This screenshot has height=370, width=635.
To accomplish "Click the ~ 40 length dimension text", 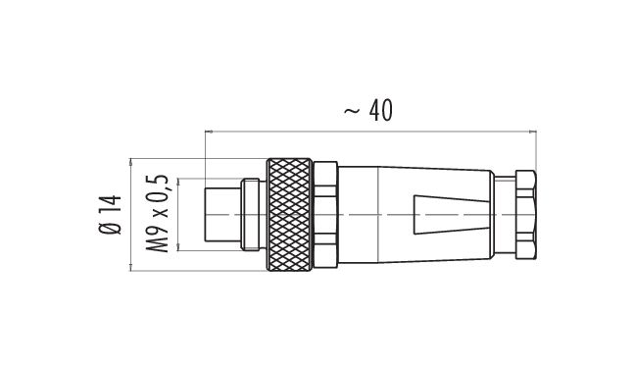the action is click(x=367, y=110).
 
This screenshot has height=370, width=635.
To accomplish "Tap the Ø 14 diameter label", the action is click(x=110, y=215).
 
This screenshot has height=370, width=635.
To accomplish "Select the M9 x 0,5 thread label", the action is click(x=157, y=214).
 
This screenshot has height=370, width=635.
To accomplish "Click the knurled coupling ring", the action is click(x=289, y=214).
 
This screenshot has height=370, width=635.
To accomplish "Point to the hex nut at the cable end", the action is click(x=525, y=214).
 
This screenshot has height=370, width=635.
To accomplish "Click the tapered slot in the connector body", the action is click(x=451, y=215).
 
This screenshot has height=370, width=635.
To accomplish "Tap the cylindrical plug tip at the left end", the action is click(x=222, y=214).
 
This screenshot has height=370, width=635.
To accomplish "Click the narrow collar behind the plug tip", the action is click(x=250, y=214).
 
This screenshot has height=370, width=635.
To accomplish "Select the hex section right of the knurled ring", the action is click(x=325, y=214).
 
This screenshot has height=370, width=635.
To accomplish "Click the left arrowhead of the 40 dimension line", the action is click(x=209, y=132).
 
